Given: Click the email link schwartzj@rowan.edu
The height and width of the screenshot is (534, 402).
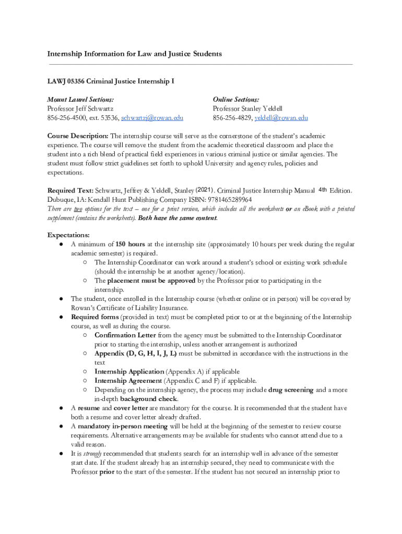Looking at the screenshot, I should click(152, 118).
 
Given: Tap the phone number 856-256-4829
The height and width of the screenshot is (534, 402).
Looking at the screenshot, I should click(232, 118).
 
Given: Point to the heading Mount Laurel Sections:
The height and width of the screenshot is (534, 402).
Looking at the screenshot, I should click(80, 99).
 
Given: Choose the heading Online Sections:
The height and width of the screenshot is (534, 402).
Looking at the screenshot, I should click(236, 99).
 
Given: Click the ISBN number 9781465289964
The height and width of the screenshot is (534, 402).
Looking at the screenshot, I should click(229, 199).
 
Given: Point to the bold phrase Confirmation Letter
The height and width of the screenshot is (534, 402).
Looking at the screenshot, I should click(125, 335).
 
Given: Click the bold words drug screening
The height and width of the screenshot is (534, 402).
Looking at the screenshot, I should click(291, 390).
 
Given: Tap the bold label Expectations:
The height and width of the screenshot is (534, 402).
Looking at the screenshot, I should click(68, 235).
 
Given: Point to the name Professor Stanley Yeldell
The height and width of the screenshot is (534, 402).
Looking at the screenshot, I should click(247, 108).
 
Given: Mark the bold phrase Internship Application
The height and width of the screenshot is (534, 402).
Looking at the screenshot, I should click(129, 372).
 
